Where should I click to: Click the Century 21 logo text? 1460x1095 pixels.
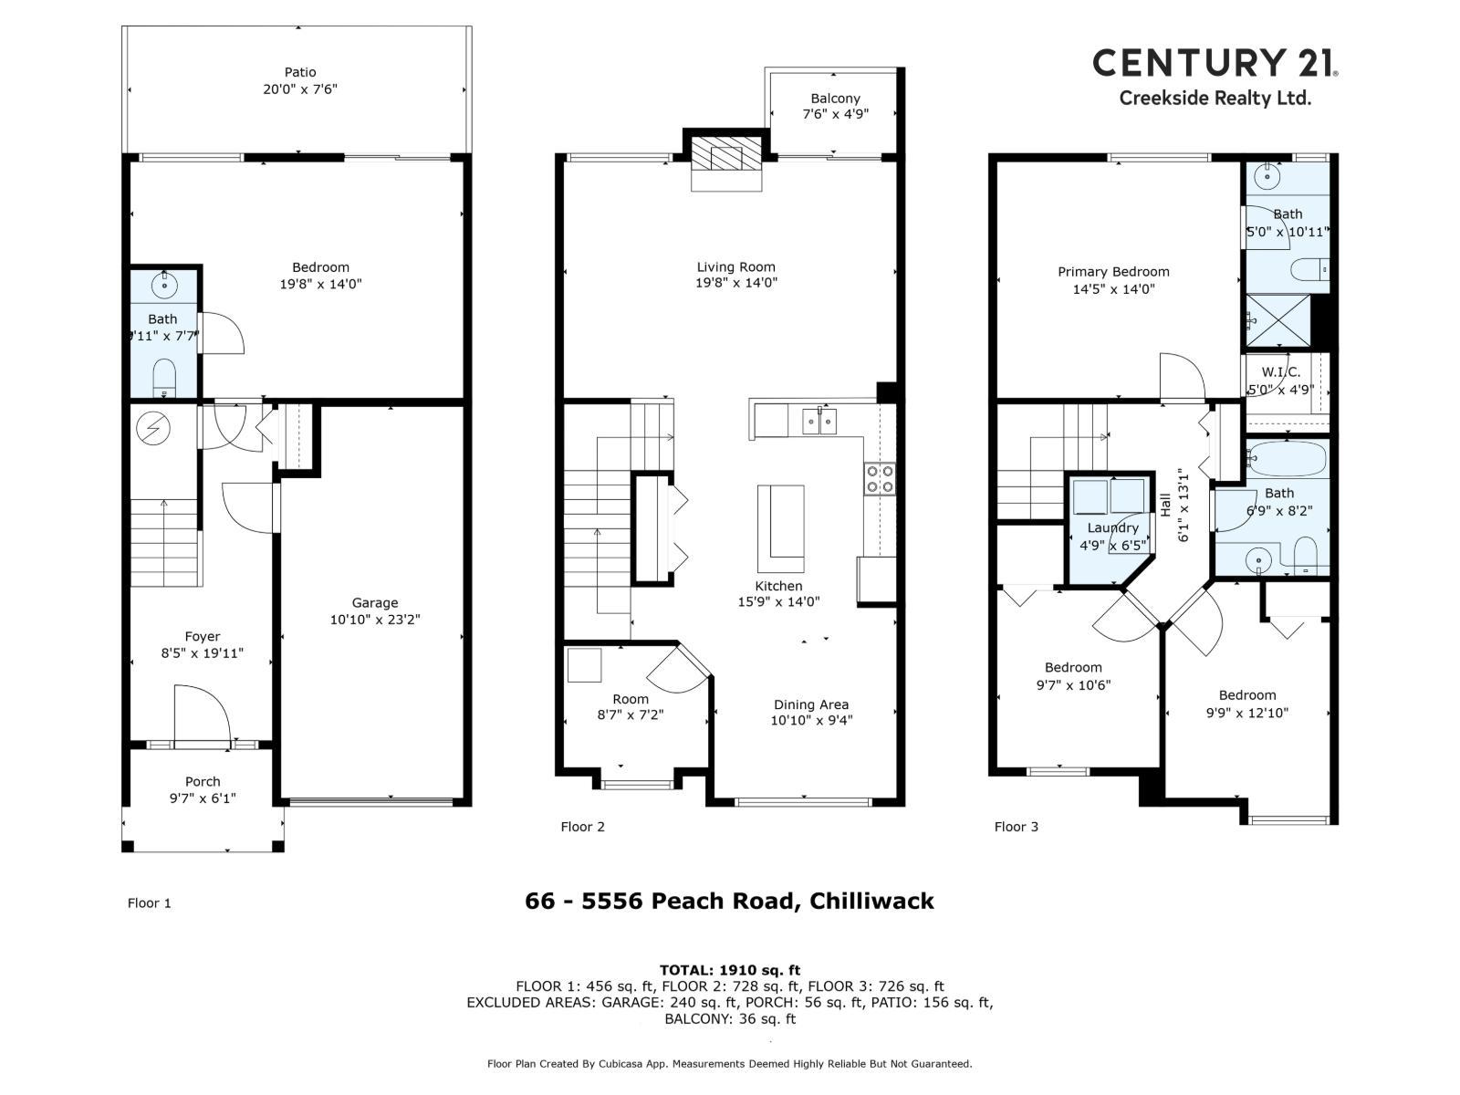point(1215,62)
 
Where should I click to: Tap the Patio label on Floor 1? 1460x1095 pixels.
point(300,72)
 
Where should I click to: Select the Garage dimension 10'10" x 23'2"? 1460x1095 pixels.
point(375,620)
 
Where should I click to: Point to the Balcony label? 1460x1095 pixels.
point(835,99)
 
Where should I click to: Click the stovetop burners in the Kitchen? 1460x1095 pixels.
point(880,479)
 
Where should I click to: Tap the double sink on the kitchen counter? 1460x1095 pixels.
point(820,421)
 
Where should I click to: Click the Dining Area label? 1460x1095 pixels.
point(811,704)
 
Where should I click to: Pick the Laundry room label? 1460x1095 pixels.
point(1113,528)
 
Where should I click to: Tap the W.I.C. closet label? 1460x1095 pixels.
point(1281,372)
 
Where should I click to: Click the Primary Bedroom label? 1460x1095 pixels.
point(1113,272)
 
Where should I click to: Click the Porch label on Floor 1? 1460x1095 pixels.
point(203,782)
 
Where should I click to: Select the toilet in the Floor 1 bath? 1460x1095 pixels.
point(164,377)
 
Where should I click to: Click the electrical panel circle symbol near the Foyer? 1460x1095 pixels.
point(152,427)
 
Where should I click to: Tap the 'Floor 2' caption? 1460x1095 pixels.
point(582,827)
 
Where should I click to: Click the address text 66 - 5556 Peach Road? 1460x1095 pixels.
point(729,902)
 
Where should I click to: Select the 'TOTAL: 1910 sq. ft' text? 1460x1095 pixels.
point(730,970)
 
